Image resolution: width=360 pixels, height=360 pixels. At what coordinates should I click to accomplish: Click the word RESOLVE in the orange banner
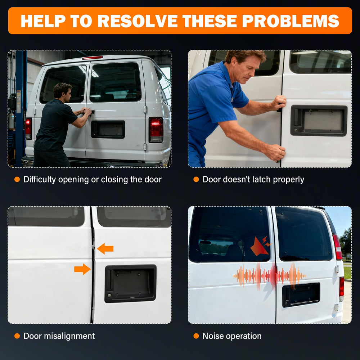pos(137,21)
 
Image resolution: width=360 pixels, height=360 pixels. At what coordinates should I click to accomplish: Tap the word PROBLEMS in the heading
pos(291,21)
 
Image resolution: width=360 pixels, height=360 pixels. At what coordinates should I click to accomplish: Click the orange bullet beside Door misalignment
pos(17,336)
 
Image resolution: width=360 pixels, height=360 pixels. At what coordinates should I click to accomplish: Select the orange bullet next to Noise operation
pos(196,336)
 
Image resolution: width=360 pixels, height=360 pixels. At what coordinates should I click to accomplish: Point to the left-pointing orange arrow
pos(105,249)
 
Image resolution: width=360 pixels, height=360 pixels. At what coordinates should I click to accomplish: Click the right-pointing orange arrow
pos(82,269)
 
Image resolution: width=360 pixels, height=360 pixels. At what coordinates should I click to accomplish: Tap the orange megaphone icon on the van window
pos(261,246)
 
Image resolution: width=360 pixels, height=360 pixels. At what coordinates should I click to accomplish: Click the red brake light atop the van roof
pos(92,58)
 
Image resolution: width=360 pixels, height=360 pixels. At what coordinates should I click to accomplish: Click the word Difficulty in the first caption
pos(40,180)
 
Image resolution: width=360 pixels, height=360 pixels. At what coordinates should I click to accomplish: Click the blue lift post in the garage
pos(21,108)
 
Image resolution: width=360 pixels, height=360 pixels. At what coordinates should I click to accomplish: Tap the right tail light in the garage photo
pos(156,130)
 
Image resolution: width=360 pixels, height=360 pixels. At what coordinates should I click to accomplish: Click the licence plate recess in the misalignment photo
pos(130,283)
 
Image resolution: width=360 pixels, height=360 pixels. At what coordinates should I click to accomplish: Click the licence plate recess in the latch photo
pos(319,121)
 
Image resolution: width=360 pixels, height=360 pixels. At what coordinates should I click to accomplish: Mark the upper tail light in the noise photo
pos(337,247)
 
